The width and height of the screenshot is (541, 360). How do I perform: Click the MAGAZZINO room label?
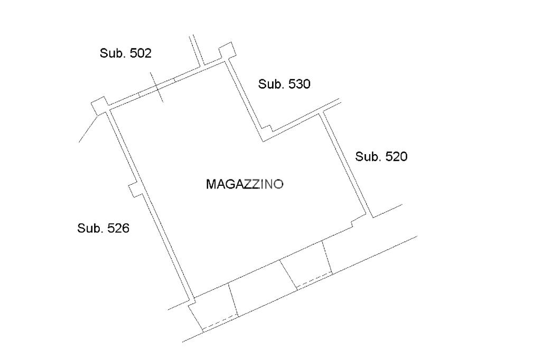[x=245, y=184]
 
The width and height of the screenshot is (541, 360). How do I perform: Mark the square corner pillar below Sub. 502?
[x=99, y=106]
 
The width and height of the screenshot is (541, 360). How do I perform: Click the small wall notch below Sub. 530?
[x=268, y=128]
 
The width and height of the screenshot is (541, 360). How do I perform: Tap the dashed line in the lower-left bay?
[x=219, y=323]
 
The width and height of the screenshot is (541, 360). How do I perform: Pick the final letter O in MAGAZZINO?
[x=279, y=184]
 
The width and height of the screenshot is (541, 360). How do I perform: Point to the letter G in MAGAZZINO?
[x=229, y=184]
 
